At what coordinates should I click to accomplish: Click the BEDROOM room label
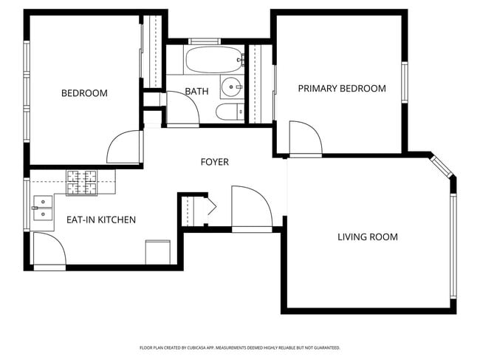tap(84, 93)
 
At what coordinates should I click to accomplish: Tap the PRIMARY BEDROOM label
tap(342, 89)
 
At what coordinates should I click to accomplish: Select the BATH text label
tap(196, 92)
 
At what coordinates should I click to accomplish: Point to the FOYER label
tap(215, 162)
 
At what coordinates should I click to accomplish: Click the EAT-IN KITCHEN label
tap(101, 220)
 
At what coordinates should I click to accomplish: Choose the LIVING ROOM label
tap(368, 237)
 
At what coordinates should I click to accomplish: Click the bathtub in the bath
tap(214, 58)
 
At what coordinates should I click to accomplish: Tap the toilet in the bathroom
tap(226, 112)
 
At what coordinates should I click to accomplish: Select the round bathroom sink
tap(233, 86)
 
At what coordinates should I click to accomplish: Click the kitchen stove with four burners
tap(83, 181)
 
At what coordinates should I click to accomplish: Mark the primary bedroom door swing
tap(304, 139)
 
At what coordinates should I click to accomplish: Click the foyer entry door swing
tap(250, 209)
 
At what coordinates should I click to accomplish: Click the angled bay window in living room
tap(442, 168)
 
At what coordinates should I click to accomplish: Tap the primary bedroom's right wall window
tap(405, 82)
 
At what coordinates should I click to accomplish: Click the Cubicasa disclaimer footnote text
tap(240, 347)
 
